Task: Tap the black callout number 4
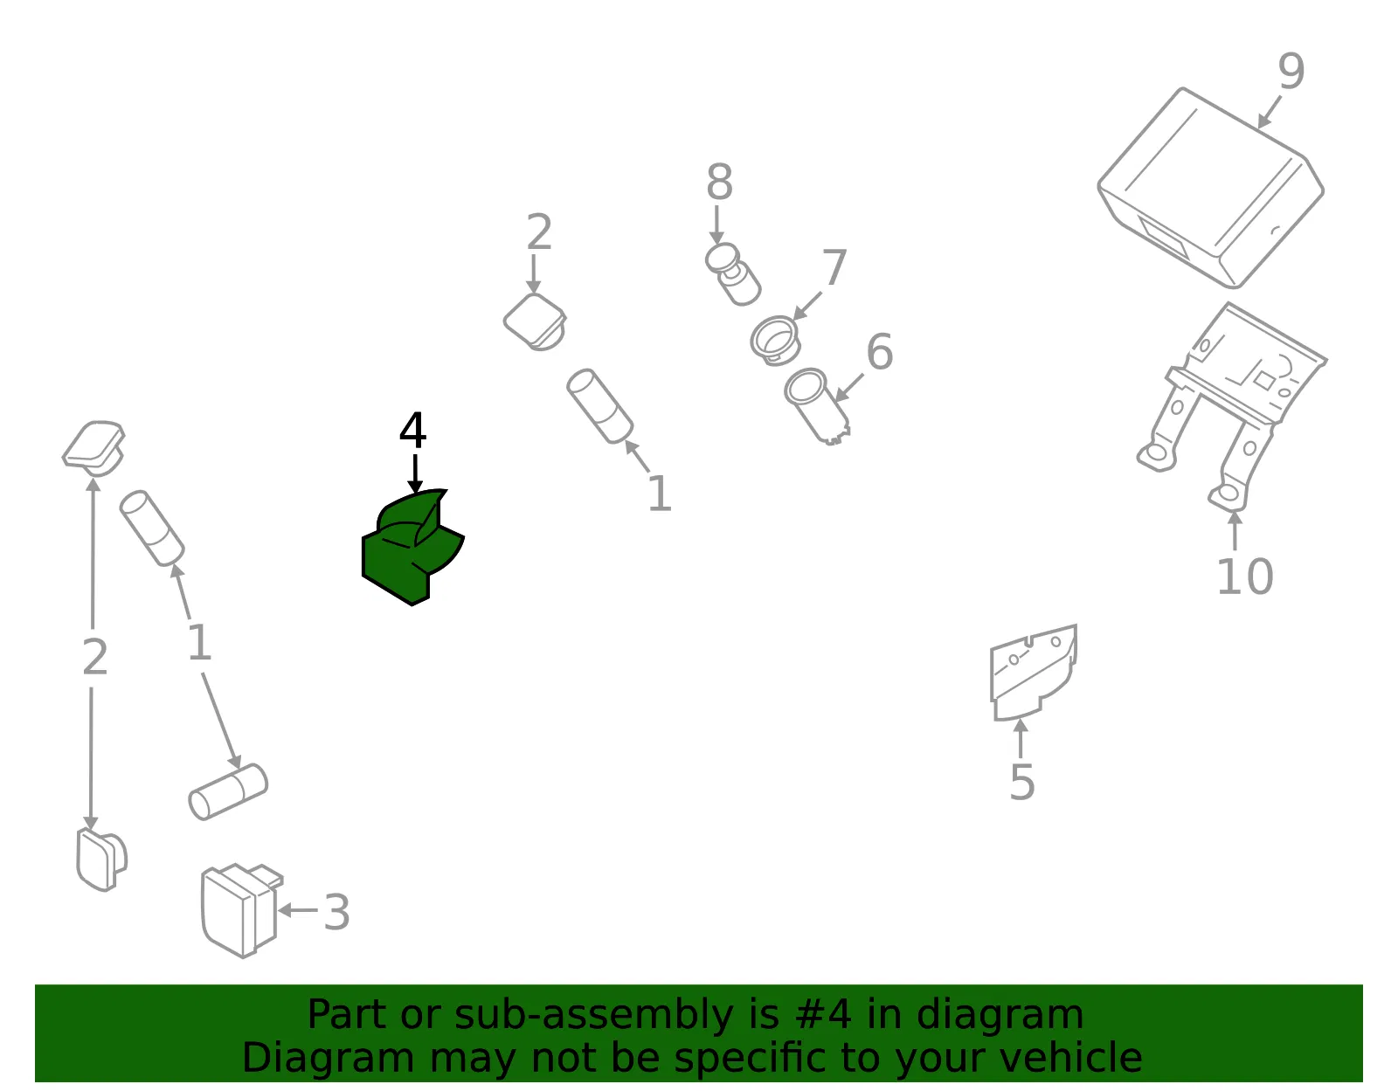[413, 430]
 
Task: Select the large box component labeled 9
[1210, 188]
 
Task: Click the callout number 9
[1291, 71]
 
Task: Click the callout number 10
[1245, 577]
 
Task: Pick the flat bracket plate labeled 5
[1034, 673]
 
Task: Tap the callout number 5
[1022, 783]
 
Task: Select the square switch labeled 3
[242, 910]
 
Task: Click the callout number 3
[336, 912]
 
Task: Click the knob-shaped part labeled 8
[733, 274]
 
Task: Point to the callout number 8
[719, 182]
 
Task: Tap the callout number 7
[834, 266]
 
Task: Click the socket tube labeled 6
[816, 405]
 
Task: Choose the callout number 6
[880, 352]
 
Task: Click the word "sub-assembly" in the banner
[594, 1015]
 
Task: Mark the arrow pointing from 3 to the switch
[298, 910]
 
